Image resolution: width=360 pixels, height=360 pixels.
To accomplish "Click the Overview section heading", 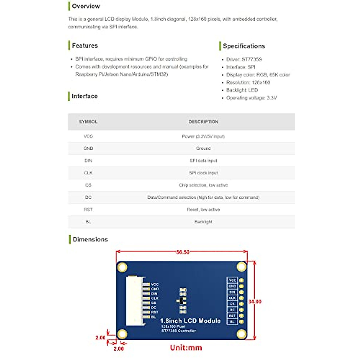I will [x=86, y=6].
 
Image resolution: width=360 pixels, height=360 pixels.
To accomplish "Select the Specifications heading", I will [x=244, y=46].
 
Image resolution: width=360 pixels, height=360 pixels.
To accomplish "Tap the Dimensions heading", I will [x=90, y=239].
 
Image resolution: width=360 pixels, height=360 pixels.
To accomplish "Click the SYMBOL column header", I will [x=88, y=122].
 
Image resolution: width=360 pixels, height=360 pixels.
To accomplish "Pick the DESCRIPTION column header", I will [x=203, y=122].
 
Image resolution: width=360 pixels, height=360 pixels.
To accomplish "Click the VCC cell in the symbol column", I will [x=88, y=136].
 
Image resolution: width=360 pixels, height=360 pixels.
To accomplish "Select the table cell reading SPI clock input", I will [x=203, y=173].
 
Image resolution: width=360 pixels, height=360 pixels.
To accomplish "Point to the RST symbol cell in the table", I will [x=88, y=209].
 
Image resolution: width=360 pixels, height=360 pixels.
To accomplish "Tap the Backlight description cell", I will [x=203, y=222].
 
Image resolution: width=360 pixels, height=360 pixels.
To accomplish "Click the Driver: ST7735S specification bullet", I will [x=244, y=59].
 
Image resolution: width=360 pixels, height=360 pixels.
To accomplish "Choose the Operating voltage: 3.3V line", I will [x=251, y=98].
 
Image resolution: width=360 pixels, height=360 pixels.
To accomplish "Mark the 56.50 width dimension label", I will [x=183, y=252].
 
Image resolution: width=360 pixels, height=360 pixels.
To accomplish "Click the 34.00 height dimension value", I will [x=255, y=301].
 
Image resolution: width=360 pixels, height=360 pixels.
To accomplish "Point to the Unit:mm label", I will [x=186, y=348].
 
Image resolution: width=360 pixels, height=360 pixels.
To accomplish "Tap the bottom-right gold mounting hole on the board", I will [x=241, y=334].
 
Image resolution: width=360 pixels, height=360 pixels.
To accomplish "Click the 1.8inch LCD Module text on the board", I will [x=190, y=321].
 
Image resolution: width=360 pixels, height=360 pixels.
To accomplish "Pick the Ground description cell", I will [x=203, y=148].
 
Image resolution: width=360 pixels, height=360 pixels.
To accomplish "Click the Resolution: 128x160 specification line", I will [x=248, y=82].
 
